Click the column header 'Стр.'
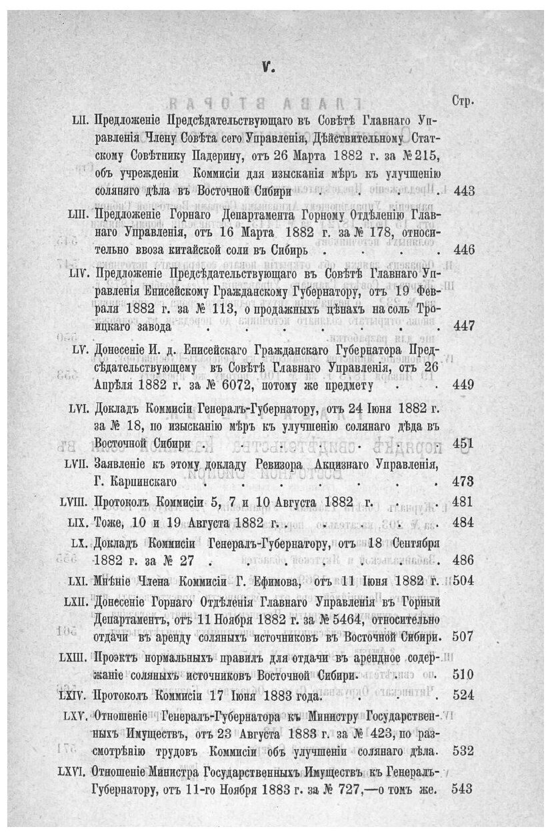click(x=463, y=101)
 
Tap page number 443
click(x=463, y=191)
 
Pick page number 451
click(x=463, y=443)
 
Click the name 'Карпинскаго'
click(x=133, y=482)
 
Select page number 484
click(x=463, y=521)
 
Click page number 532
click(x=463, y=751)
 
